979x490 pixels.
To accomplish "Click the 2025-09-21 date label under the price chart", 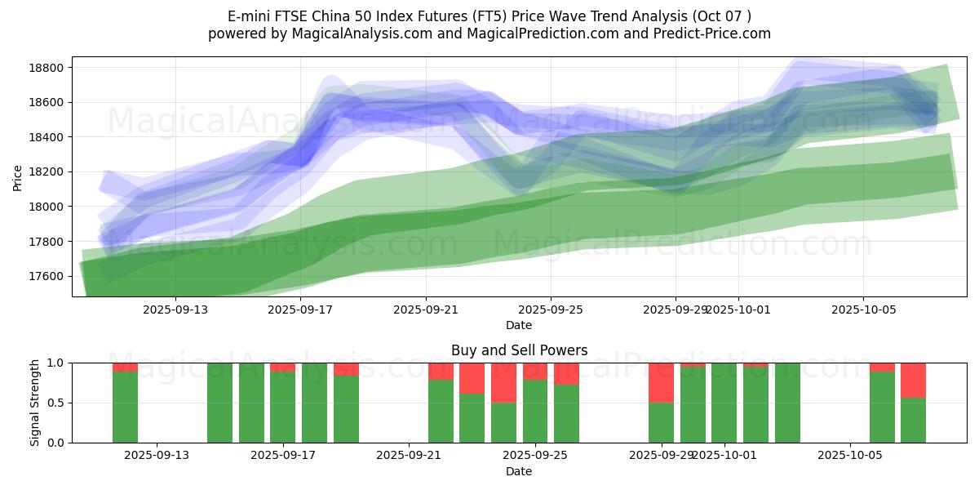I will (x=426, y=310).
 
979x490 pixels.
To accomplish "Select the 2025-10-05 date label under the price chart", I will (x=863, y=310).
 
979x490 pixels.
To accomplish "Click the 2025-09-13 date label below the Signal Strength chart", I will (x=157, y=456).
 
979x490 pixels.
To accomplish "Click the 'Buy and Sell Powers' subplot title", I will (x=519, y=350).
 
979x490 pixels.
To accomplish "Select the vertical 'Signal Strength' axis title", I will (x=35, y=403).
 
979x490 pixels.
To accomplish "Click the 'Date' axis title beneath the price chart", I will (x=519, y=325).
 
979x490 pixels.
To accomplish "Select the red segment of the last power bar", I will (x=913, y=380).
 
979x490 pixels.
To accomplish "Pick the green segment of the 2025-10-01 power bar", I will (x=724, y=403).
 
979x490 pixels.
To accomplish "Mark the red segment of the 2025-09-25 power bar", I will (x=535, y=371).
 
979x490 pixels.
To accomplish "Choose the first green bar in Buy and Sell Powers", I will (x=125, y=407).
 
